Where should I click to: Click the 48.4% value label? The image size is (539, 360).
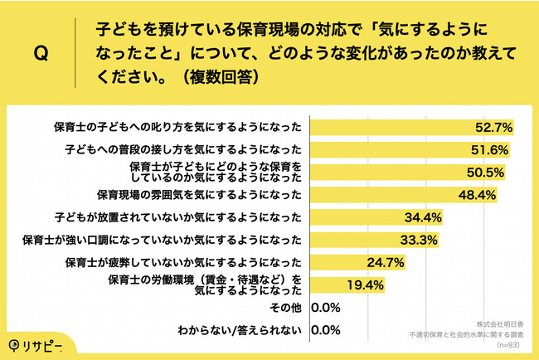[477, 196]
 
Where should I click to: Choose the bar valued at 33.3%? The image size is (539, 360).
[375, 241]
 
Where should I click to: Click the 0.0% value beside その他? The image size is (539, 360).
[326, 309]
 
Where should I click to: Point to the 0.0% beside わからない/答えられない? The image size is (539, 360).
[326, 330]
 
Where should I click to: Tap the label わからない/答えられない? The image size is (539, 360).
[240, 330]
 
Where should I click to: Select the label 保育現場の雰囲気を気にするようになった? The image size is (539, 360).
[199, 196]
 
